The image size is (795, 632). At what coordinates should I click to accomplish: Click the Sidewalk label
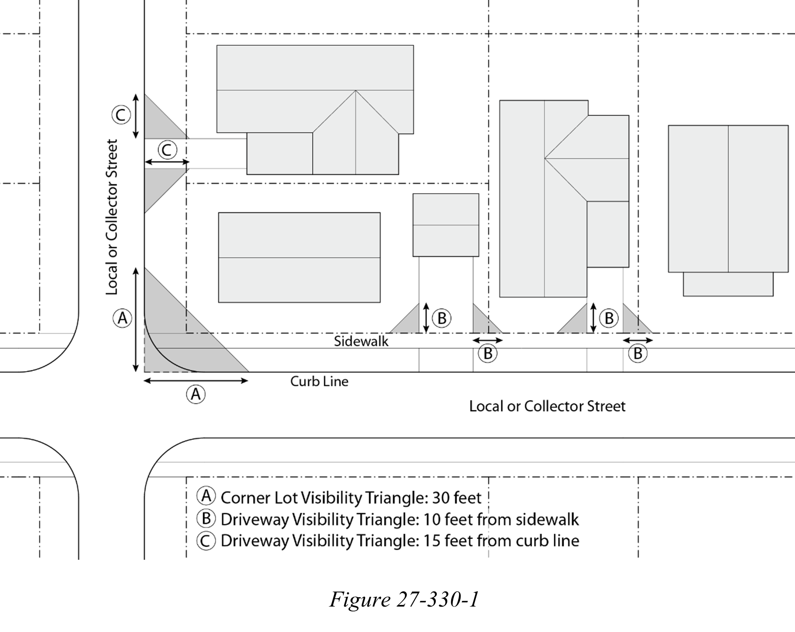pyautogui.click(x=361, y=341)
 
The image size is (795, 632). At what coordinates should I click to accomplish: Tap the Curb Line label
pyautogui.click(x=319, y=381)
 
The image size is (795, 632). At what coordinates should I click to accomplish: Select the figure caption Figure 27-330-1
pyautogui.click(x=404, y=600)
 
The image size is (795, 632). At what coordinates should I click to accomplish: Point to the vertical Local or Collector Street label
pyautogui.click(x=112, y=217)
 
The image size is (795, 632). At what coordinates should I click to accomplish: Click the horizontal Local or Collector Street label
pyautogui.click(x=547, y=406)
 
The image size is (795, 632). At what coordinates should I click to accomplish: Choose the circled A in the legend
pyautogui.click(x=206, y=496)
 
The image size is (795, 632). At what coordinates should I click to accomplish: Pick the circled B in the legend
pyautogui.click(x=206, y=518)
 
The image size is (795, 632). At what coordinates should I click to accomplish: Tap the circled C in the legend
pyautogui.click(x=206, y=540)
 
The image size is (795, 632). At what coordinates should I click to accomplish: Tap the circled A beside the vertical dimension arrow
pyautogui.click(x=122, y=318)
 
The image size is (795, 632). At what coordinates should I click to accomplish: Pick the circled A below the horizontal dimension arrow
pyautogui.click(x=196, y=394)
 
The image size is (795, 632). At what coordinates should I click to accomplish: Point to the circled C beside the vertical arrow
pyautogui.click(x=121, y=115)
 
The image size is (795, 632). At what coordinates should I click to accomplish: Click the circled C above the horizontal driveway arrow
pyautogui.click(x=167, y=150)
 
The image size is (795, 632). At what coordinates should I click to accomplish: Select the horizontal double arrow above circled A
pyautogui.click(x=196, y=381)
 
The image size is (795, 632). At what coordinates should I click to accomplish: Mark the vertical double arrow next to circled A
pyautogui.click(x=136, y=320)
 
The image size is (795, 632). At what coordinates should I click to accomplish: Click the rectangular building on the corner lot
pyautogui.click(x=299, y=257)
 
